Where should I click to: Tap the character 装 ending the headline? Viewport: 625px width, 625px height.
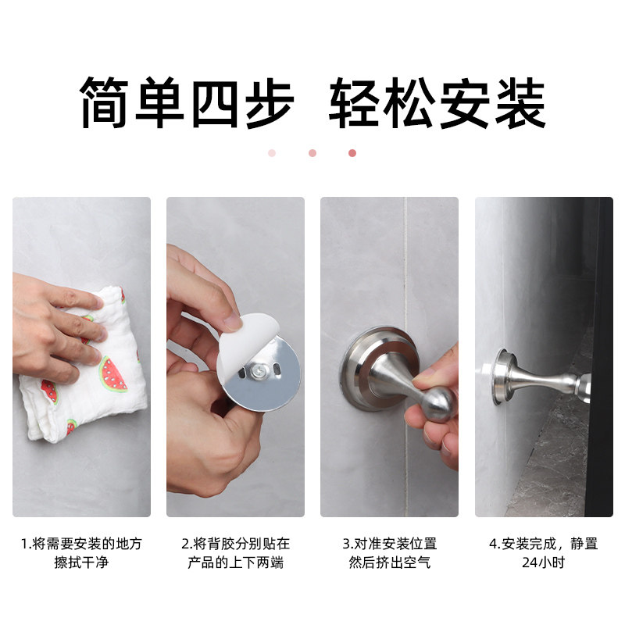pyautogui.click(x=519, y=103)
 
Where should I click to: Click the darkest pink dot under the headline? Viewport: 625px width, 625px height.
pyautogui.click(x=352, y=153)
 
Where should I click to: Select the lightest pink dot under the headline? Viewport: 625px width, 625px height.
pyautogui.click(x=272, y=153)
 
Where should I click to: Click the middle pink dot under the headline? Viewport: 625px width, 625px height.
pyautogui.click(x=312, y=153)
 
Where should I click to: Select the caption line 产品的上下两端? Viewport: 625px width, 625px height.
pyautogui.click(x=235, y=562)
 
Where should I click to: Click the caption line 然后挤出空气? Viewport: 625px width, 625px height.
pyautogui.click(x=389, y=562)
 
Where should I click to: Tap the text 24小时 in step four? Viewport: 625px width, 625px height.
pyautogui.click(x=544, y=562)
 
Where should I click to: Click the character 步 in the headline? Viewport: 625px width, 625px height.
pyautogui.click(x=266, y=103)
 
